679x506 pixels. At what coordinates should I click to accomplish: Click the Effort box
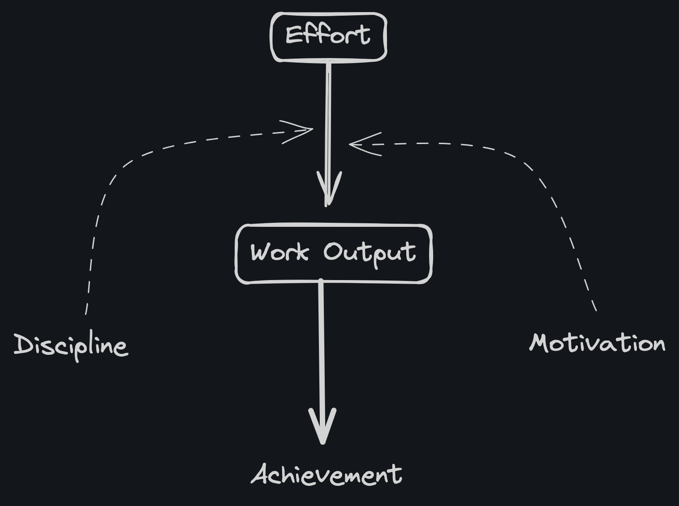pos(328,37)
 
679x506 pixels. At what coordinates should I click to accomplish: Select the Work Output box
pos(333,254)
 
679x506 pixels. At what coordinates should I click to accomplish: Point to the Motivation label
pos(597,344)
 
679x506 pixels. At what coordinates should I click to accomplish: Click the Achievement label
pos(327,475)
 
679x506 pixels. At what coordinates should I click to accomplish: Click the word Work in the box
pos(279,252)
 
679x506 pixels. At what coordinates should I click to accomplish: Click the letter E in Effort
pos(294,35)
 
